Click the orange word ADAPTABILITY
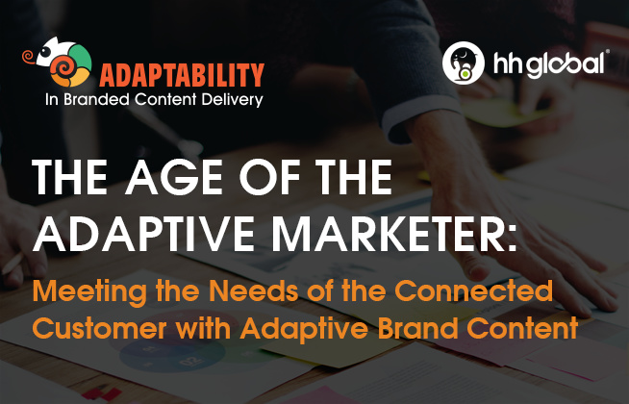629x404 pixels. click(182, 75)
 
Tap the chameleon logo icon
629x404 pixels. click(58, 62)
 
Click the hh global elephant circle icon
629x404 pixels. click(464, 63)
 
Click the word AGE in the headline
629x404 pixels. click(174, 177)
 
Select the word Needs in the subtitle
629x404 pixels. click(254, 290)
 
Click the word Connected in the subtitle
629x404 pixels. click(474, 290)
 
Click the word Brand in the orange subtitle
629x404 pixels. click(418, 328)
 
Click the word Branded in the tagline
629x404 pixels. click(97, 99)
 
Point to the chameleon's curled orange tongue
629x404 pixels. click(29, 56)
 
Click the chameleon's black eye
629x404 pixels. click(46, 52)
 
